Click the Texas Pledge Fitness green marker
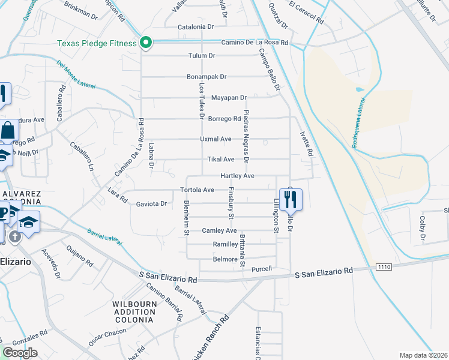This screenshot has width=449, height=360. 145,43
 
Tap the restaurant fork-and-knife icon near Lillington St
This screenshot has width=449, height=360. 291,200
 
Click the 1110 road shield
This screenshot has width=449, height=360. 384,266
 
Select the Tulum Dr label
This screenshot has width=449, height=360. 202,56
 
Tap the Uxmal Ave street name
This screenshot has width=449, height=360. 215,139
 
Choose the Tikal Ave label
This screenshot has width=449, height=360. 220,159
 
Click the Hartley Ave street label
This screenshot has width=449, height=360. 237,176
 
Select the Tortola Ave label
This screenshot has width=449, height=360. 197,190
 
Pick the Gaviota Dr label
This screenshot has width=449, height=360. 151,203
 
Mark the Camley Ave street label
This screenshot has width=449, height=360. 219,230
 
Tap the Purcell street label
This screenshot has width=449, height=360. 262,268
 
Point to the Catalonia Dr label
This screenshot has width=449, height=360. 196,27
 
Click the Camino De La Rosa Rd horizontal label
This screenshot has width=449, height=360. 255,43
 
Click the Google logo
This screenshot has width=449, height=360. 20,353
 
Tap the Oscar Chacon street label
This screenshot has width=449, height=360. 107,333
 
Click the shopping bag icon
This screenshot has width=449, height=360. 9,130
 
